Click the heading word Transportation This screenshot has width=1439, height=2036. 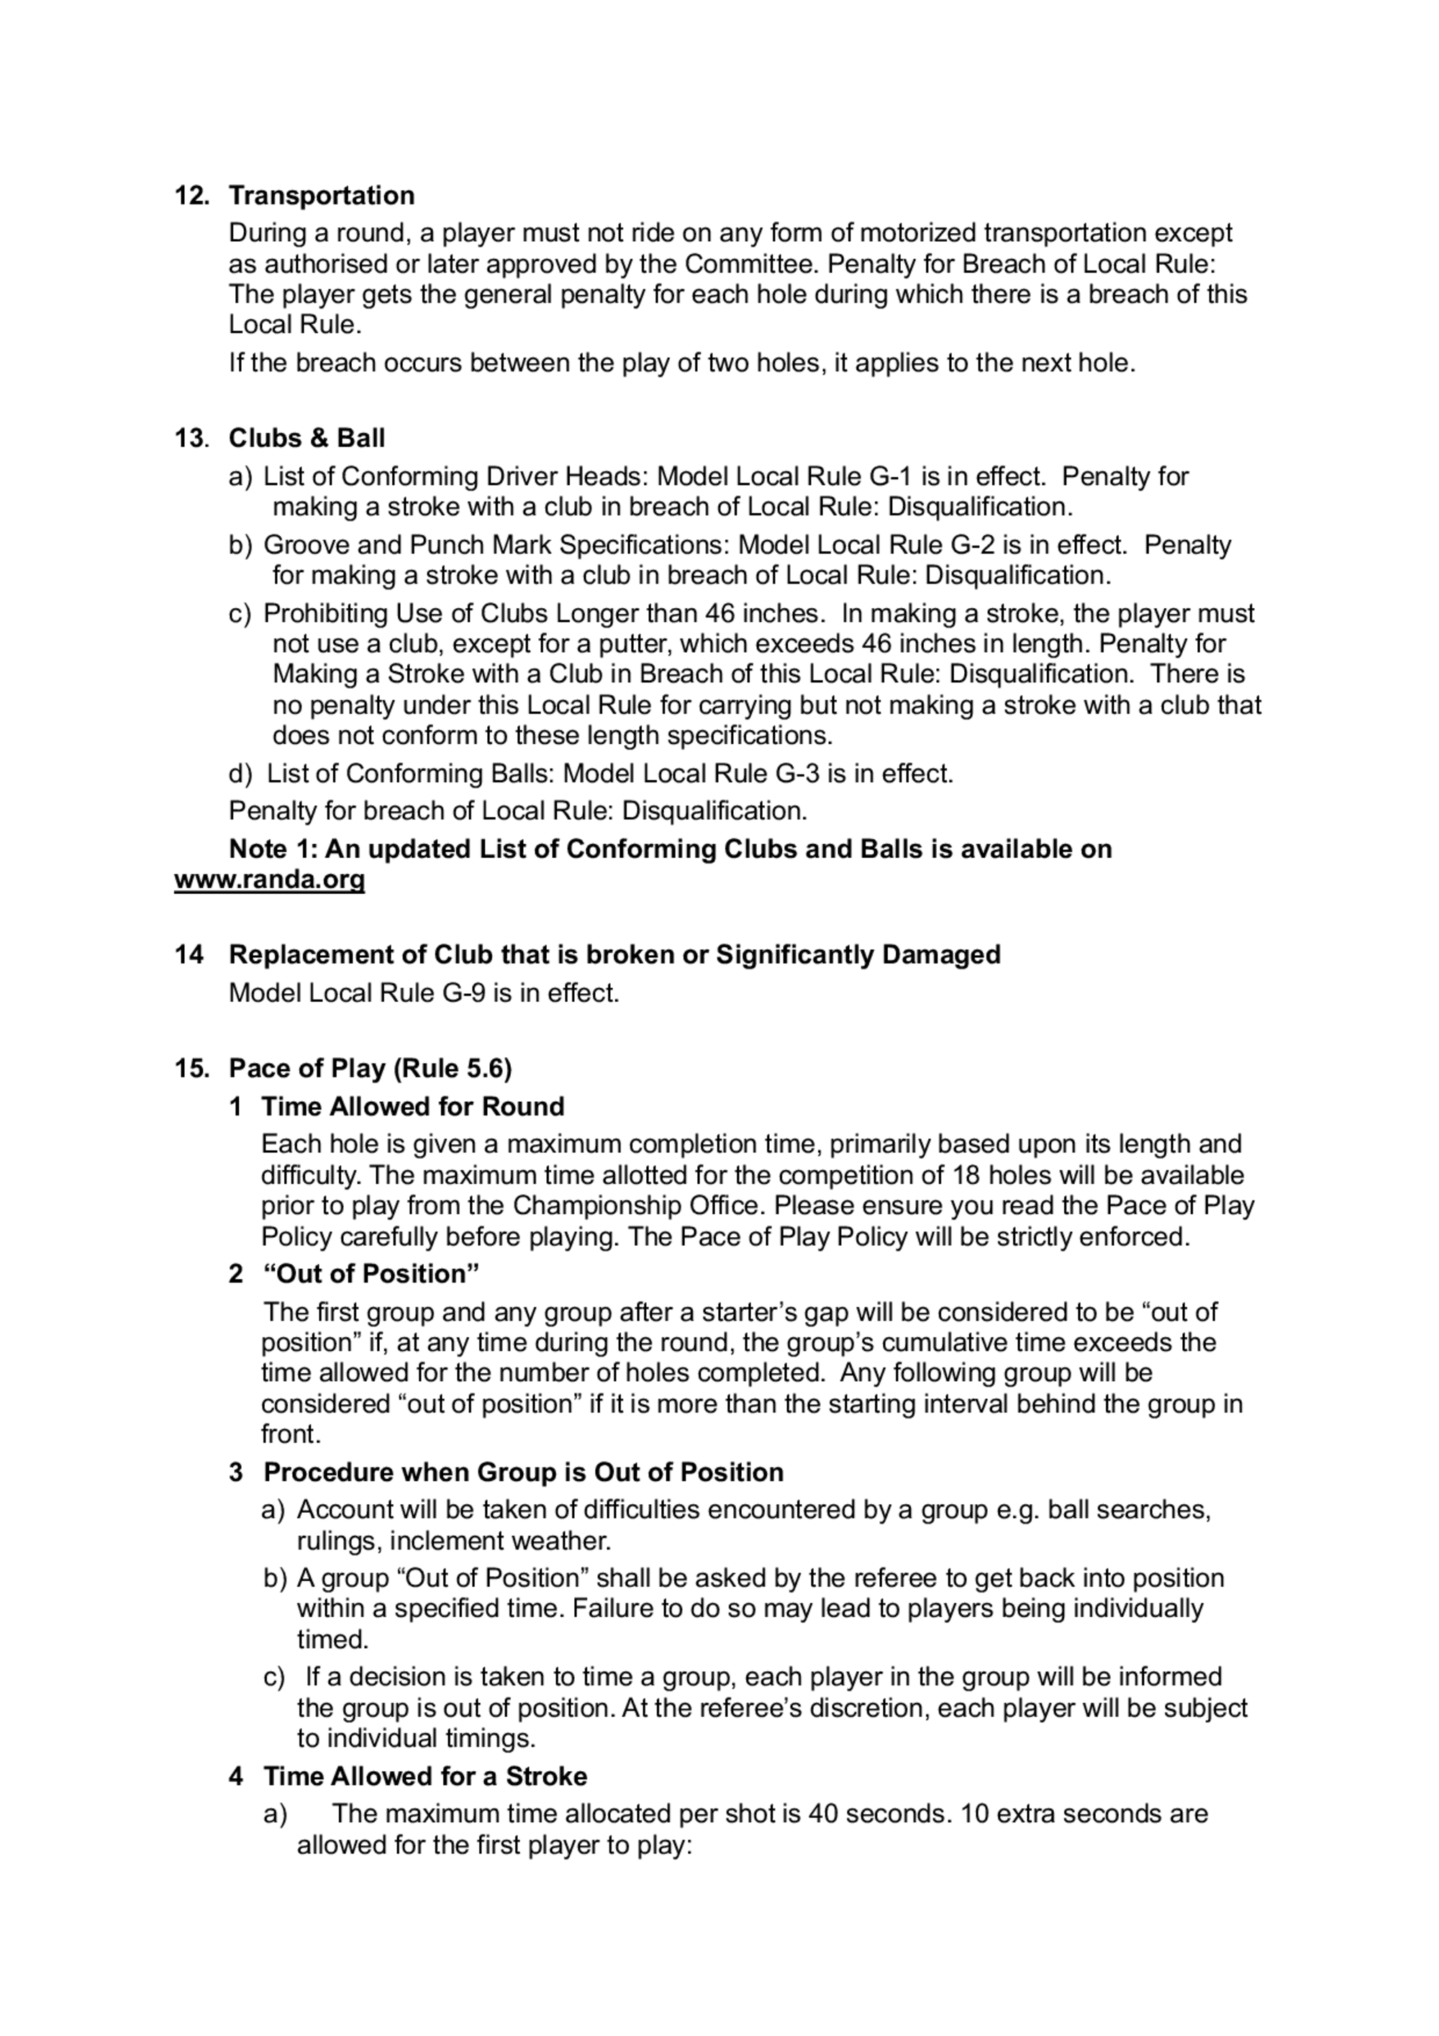[x=321, y=195]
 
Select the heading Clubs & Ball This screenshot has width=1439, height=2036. [x=307, y=438]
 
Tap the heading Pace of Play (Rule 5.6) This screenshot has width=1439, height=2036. [x=370, y=1069]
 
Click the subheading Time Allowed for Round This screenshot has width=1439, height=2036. [x=412, y=1107]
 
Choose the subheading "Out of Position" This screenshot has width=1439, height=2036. [x=371, y=1275]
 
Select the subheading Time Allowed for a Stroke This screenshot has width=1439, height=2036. [x=425, y=1776]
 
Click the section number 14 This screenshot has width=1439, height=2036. [x=188, y=955]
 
